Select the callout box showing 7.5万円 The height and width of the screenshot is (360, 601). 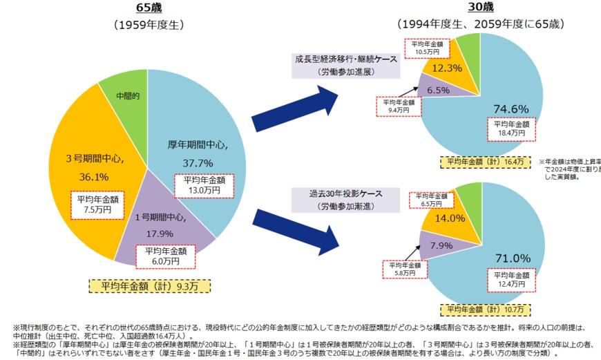coord(97,205)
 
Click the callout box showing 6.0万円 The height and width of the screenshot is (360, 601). coord(166,256)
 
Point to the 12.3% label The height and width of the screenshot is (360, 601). coord(447,68)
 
